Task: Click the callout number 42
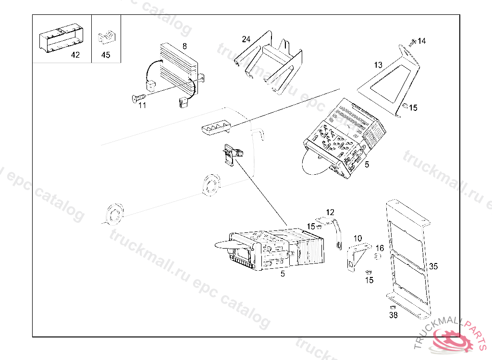coord(75,55)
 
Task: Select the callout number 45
coord(106,55)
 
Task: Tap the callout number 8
coord(184,46)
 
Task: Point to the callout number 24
coord(246,39)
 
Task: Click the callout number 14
coord(421,41)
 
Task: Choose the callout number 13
coord(379,65)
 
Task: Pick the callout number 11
coord(142,105)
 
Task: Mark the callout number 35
coord(433,265)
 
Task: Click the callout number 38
coord(394,315)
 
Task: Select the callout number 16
coord(380,248)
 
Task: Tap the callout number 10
coord(357,238)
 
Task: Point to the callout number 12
coord(330,212)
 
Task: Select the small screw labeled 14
coord(413,43)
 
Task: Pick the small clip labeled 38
coord(392,306)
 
